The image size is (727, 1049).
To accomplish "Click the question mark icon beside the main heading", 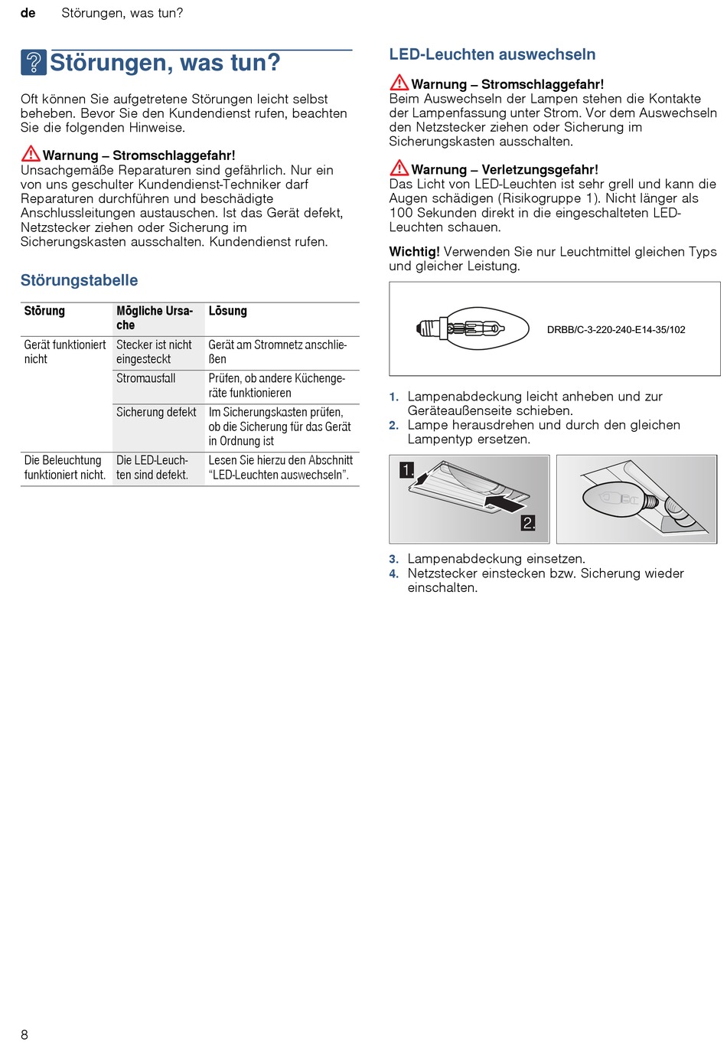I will click(x=34, y=63).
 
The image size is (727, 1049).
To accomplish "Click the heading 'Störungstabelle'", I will click(x=79, y=280).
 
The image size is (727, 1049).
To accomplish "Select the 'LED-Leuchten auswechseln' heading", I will click(x=492, y=54).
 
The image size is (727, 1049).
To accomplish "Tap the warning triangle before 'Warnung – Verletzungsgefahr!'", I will click(x=399, y=168).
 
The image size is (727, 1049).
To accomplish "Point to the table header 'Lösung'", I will click(x=228, y=311).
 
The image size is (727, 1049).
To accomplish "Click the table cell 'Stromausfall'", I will click(x=146, y=378).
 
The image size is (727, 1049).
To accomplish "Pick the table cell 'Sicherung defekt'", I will click(x=156, y=412).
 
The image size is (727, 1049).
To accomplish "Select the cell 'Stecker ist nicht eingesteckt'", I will click(x=154, y=352).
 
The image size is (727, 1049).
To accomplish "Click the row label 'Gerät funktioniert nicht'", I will click(x=65, y=352).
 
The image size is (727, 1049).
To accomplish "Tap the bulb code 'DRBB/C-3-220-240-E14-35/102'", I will click(x=616, y=330).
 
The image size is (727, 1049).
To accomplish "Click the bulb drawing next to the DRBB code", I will click(x=472, y=328).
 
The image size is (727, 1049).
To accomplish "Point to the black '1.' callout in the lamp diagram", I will click(x=407, y=470).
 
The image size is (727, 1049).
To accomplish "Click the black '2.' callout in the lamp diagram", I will click(x=529, y=523).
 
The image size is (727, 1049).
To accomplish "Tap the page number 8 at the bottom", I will click(x=24, y=1034).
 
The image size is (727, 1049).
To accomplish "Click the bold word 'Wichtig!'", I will click(x=414, y=252).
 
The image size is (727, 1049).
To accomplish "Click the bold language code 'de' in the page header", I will click(x=28, y=13).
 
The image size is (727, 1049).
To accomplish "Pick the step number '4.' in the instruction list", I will click(x=393, y=574).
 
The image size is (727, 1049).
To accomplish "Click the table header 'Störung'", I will click(x=44, y=311).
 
